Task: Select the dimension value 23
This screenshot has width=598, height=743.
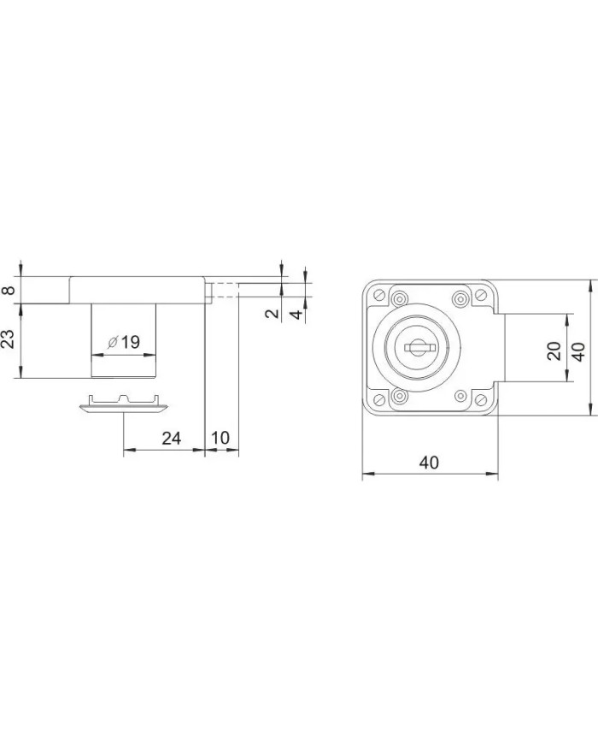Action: point(9,339)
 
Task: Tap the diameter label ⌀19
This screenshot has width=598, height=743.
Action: point(124,342)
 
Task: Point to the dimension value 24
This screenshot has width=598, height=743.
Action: point(172,439)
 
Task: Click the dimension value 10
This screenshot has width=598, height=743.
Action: point(220,438)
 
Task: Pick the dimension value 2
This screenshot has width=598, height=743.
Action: point(273,313)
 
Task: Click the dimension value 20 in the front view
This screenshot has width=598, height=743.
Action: point(554,351)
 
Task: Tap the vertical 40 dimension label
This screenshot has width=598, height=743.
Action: point(578,351)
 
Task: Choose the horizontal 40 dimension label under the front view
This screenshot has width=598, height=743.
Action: point(429,463)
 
